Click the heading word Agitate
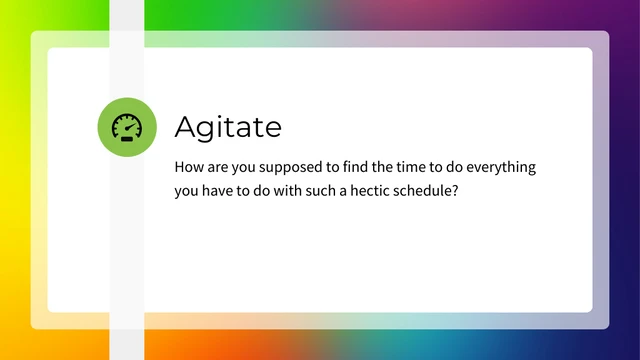[228, 127]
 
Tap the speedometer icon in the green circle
[127, 127]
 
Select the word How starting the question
[189, 167]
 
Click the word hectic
[405, 191]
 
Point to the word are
[221, 167]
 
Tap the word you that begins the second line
[187, 192]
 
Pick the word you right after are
[249, 168]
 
